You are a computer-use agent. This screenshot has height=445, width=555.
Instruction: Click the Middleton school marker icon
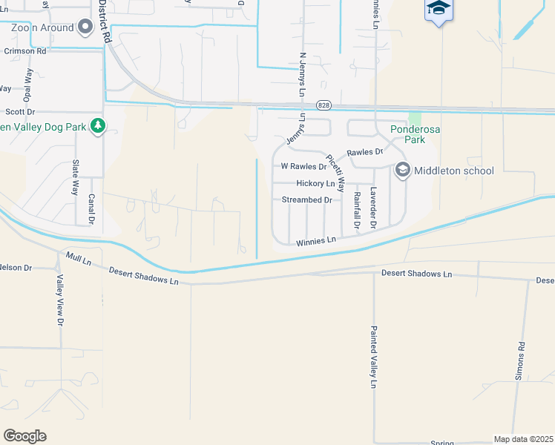click(x=402, y=171)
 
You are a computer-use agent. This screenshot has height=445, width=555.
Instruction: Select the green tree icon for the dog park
click(x=96, y=127)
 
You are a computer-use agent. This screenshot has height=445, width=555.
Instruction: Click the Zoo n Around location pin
click(x=85, y=28)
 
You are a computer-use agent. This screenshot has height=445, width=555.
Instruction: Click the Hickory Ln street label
click(x=315, y=183)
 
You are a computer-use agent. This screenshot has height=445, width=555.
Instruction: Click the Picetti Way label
click(x=335, y=174)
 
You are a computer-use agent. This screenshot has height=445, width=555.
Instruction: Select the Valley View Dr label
click(x=60, y=300)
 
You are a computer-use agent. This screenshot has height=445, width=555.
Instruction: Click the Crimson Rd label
click(x=24, y=52)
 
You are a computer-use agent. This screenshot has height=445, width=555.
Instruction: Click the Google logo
click(x=24, y=436)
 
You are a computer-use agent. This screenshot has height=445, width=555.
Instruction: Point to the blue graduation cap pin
click(x=439, y=10)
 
